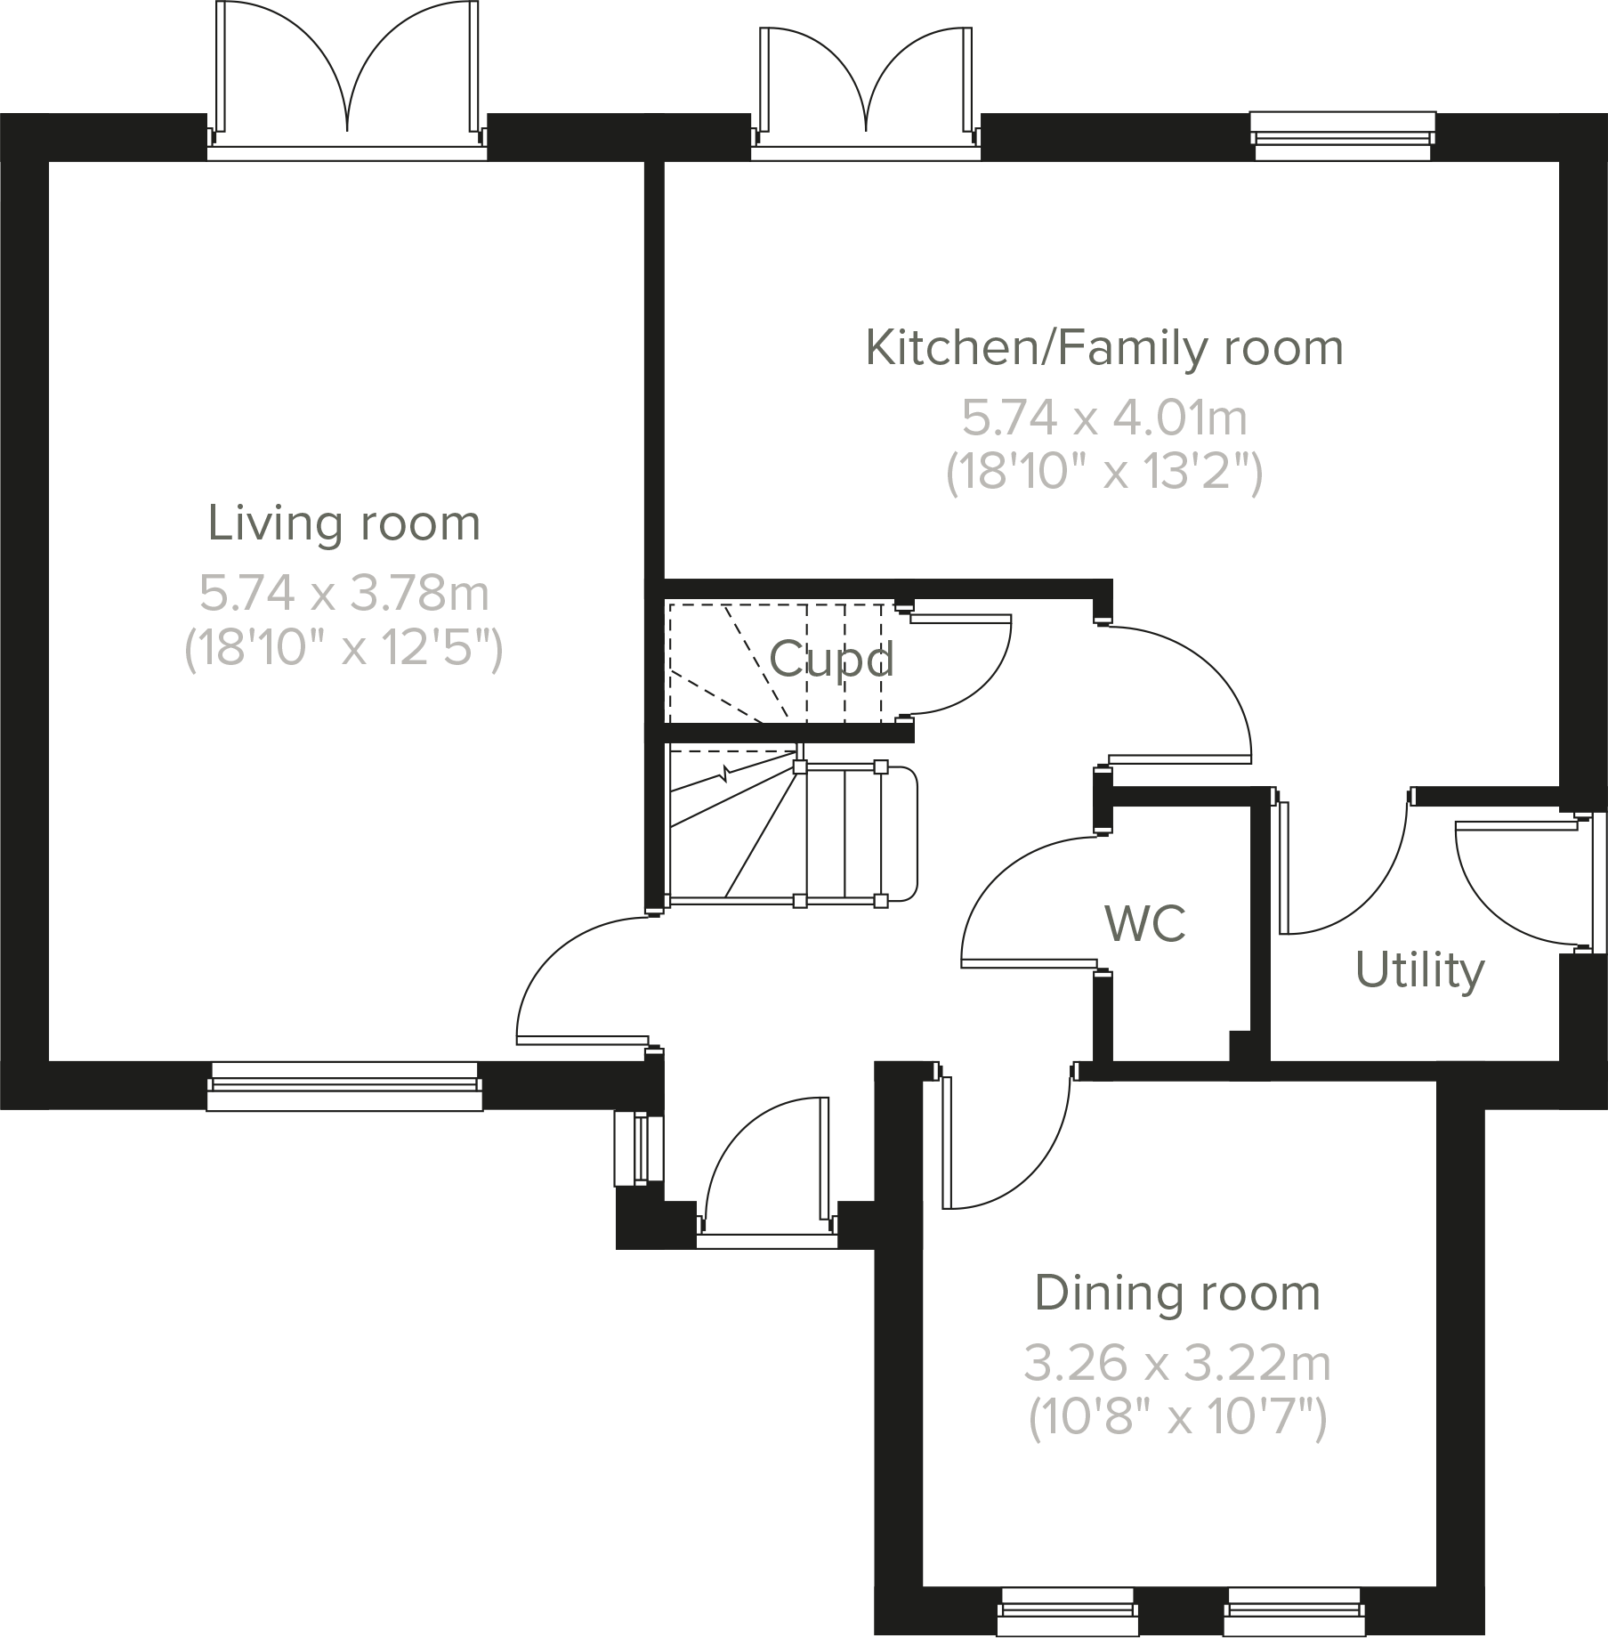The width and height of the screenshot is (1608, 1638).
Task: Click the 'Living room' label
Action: click(343, 523)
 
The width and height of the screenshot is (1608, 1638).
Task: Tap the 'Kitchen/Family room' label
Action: click(1103, 348)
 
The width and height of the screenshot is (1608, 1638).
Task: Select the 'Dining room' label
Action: click(1176, 1293)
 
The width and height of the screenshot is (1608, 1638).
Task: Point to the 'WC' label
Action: click(1145, 923)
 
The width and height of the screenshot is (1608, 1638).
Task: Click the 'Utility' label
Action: click(1419, 970)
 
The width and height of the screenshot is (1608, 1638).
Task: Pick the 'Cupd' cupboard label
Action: click(830, 660)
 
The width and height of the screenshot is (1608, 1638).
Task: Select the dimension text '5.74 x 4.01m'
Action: click(1103, 418)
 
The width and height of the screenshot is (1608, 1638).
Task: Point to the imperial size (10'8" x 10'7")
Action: click(1176, 1419)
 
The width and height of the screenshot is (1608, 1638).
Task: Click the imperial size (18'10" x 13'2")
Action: click(1103, 473)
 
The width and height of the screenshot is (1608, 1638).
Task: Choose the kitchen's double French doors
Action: click(865, 89)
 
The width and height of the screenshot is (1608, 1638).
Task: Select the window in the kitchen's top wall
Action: click(1342, 136)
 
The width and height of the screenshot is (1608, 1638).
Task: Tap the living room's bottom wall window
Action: click(343, 1087)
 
